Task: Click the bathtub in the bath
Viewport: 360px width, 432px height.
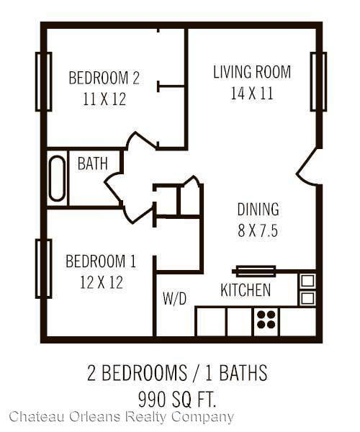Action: click(57, 179)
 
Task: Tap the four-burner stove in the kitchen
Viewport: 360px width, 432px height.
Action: click(266, 320)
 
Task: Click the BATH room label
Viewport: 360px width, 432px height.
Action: click(93, 163)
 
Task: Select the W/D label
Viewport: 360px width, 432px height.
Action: click(175, 298)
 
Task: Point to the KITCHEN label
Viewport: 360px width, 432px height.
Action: click(246, 290)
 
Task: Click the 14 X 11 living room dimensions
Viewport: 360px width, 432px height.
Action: click(252, 93)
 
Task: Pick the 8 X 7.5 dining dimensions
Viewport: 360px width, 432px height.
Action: click(258, 230)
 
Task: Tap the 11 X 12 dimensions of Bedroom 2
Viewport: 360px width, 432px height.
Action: click(104, 99)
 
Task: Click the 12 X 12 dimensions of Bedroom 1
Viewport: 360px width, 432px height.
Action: click(102, 282)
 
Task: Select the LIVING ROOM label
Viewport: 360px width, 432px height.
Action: click(252, 71)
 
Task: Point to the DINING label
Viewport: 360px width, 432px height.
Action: click(258, 209)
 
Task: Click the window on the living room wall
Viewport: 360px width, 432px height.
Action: click(318, 81)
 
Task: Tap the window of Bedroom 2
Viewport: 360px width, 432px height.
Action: click(43, 81)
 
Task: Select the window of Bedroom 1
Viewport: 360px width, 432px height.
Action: click(43, 269)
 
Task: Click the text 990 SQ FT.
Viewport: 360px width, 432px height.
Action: click(177, 400)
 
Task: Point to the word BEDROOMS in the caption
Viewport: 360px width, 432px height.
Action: click(144, 373)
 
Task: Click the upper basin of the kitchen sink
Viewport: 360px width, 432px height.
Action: click(307, 281)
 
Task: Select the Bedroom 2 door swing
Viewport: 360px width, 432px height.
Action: click(140, 140)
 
